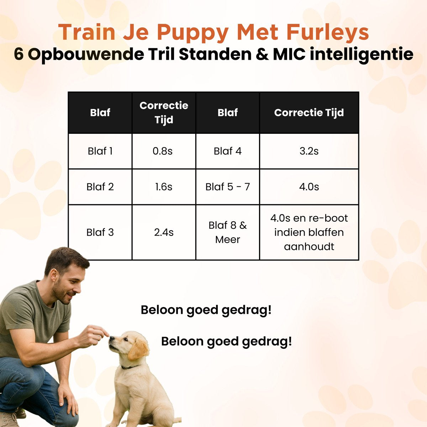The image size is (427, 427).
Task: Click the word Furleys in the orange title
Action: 327,32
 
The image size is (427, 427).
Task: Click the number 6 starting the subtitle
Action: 19,54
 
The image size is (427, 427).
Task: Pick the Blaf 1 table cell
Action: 100,151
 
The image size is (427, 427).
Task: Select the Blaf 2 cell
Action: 100,187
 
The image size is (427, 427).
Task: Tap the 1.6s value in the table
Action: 164,187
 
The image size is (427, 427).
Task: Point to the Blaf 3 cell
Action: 100,232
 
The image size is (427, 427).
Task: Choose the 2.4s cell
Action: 164,232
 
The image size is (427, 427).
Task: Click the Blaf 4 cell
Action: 228,151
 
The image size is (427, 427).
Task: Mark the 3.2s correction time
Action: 309,151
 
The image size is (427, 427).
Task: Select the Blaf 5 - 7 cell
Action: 228,187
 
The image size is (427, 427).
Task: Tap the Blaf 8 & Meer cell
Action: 228,232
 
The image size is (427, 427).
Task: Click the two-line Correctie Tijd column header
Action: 164,112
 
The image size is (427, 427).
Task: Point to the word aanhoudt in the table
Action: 309,247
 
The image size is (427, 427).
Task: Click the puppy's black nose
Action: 112,338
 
